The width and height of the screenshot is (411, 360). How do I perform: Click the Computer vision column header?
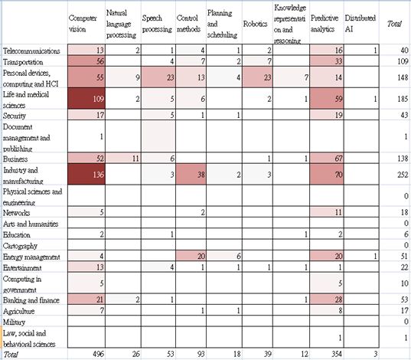(x=83, y=24)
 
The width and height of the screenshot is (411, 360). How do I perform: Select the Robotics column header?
(x=255, y=24)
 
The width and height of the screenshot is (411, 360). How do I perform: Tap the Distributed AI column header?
(x=360, y=24)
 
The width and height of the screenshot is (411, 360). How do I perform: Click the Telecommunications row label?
(x=31, y=51)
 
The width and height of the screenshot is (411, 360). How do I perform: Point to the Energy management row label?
(x=31, y=257)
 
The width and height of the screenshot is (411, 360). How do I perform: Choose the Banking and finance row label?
(x=31, y=300)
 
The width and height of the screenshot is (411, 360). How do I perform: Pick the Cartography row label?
(x=20, y=246)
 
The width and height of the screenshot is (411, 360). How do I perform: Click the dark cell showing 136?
(x=86, y=175)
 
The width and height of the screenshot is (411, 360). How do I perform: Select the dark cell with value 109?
(x=86, y=99)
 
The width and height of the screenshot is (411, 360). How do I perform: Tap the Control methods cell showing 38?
(x=191, y=175)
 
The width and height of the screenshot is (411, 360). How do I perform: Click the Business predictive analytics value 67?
(x=327, y=159)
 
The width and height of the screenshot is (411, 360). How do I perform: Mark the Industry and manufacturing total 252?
(x=403, y=175)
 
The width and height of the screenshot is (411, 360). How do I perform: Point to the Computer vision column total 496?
(x=98, y=354)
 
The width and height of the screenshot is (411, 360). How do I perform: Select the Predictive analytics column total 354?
(x=337, y=354)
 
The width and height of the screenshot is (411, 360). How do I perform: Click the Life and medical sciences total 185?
(x=403, y=99)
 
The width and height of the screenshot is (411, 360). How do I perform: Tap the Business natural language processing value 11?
(x=123, y=159)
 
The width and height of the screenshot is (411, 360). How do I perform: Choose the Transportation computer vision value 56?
(x=86, y=61)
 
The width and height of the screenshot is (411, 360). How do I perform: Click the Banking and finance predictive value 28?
(x=327, y=299)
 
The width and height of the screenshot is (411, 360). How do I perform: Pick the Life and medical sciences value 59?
(x=327, y=99)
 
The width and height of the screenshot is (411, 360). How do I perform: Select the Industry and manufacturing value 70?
(x=327, y=175)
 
